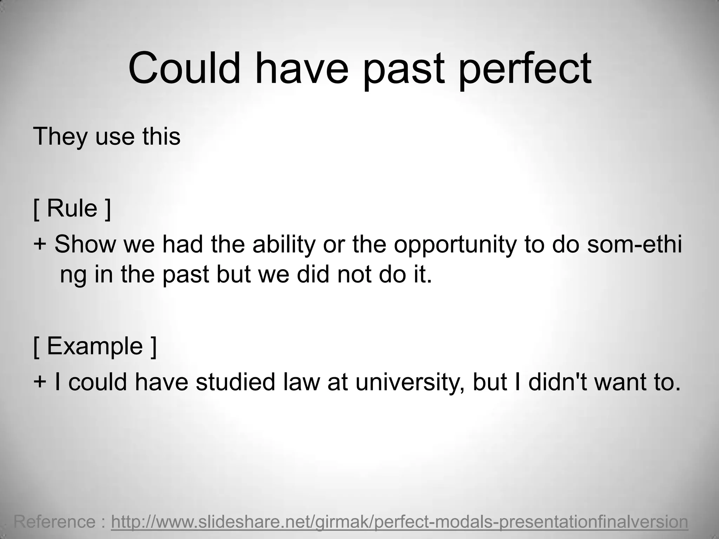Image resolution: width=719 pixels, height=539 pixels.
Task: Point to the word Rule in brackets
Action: coord(72,208)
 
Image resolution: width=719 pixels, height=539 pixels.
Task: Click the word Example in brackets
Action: coord(95,347)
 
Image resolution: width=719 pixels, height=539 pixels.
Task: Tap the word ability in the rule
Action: coord(284,245)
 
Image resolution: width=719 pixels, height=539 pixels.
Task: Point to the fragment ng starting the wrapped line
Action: coord(73,276)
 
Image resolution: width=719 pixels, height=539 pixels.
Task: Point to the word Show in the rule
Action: coord(85,244)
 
